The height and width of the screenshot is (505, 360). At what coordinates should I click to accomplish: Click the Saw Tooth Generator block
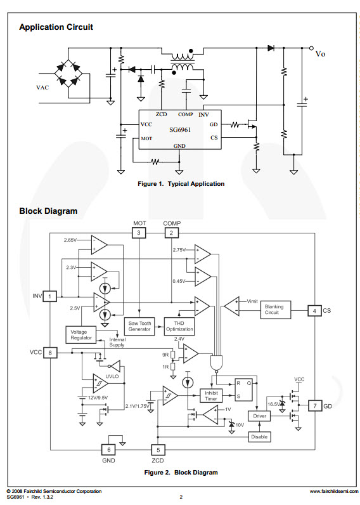click(x=139, y=326)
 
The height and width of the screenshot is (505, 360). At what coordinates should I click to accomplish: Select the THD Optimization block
click(x=179, y=326)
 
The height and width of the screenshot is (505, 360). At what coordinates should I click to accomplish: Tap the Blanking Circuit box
click(x=276, y=310)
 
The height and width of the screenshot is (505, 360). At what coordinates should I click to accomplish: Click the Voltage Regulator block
click(x=80, y=334)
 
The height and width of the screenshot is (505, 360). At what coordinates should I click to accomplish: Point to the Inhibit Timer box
click(x=211, y=395)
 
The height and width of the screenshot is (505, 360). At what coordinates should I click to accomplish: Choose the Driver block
click(x=259, y=416)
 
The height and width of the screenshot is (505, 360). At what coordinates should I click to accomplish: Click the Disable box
click(x=259, y=436)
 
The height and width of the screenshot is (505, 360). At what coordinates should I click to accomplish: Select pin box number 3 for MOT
click(x=139, y=233)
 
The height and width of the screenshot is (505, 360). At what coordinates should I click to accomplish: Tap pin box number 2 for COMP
click(x=172, y=233)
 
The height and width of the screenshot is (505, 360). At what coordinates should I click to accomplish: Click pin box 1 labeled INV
click(x=50, y=296)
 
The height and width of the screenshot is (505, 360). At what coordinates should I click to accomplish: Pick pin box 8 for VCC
click(x=50, y=353)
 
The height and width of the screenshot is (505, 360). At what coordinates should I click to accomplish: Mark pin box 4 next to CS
click(x=314, y=311)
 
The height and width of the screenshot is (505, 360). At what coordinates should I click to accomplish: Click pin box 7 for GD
click(x=314, y=406)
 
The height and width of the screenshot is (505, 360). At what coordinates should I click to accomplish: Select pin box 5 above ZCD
click(x=158, y=450)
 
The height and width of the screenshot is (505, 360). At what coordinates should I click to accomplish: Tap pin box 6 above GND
click(x=109, y=450)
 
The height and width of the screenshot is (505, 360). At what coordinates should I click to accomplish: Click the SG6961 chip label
click(x=180, y=130)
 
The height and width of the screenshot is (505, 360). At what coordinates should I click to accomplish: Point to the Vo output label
click(x=320, y=54)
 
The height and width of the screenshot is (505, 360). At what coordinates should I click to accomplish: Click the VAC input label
click(x=43, y=88)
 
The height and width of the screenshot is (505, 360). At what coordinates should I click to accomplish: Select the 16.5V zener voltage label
click(x=274, y=404)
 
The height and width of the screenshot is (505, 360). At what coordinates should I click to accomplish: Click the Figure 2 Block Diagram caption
click(x=181, y=473)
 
